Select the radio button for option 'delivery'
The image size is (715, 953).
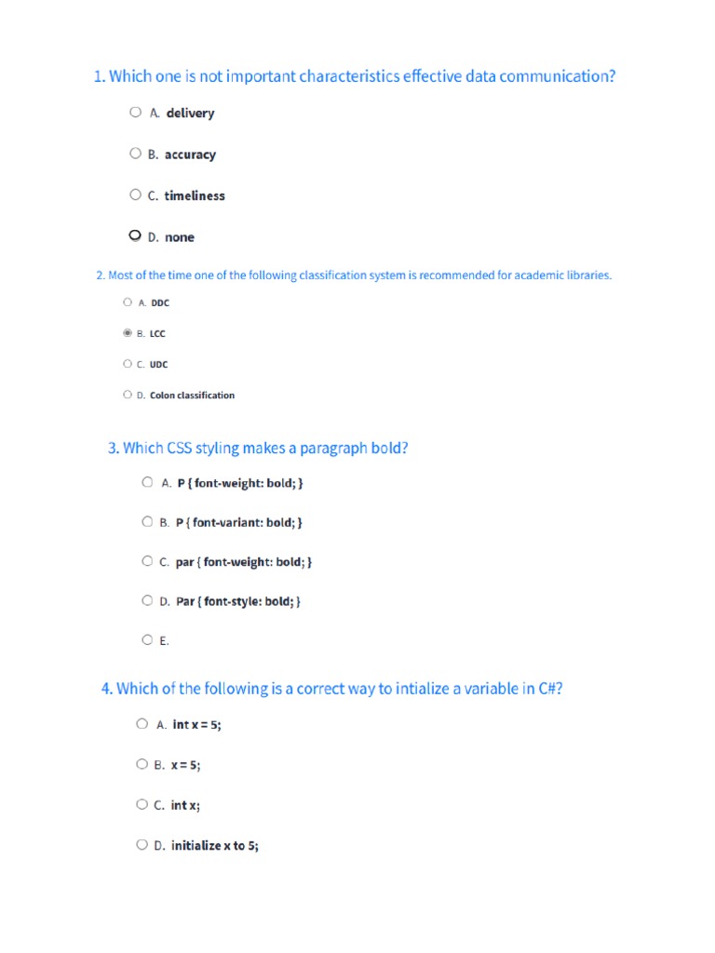coord(136,113)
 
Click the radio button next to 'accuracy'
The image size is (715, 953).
coord(135,154)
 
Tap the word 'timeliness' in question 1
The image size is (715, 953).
coord(195,195)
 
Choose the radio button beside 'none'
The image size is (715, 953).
coord(135,236)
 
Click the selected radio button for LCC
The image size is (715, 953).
coord(128,332)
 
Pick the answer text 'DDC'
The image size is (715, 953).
coord(160,302)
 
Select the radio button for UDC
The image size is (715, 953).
coord(128,364)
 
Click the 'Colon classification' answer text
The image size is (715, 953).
coord(192,395)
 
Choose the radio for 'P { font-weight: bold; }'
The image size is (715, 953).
coord(147,482)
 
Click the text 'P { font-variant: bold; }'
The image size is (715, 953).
coord(238,522)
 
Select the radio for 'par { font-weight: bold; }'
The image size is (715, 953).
coord(147,561)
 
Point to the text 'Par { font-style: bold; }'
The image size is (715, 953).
coord(238,601)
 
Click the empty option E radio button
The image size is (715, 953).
coord(147,639)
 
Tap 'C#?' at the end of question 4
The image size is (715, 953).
coord(550,689)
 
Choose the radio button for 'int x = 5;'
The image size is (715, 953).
coord(142,723)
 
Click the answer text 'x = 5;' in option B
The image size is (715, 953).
coord(185,765)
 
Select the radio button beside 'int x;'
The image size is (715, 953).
coord(142,804)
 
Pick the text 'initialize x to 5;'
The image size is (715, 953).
coord(215,846)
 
